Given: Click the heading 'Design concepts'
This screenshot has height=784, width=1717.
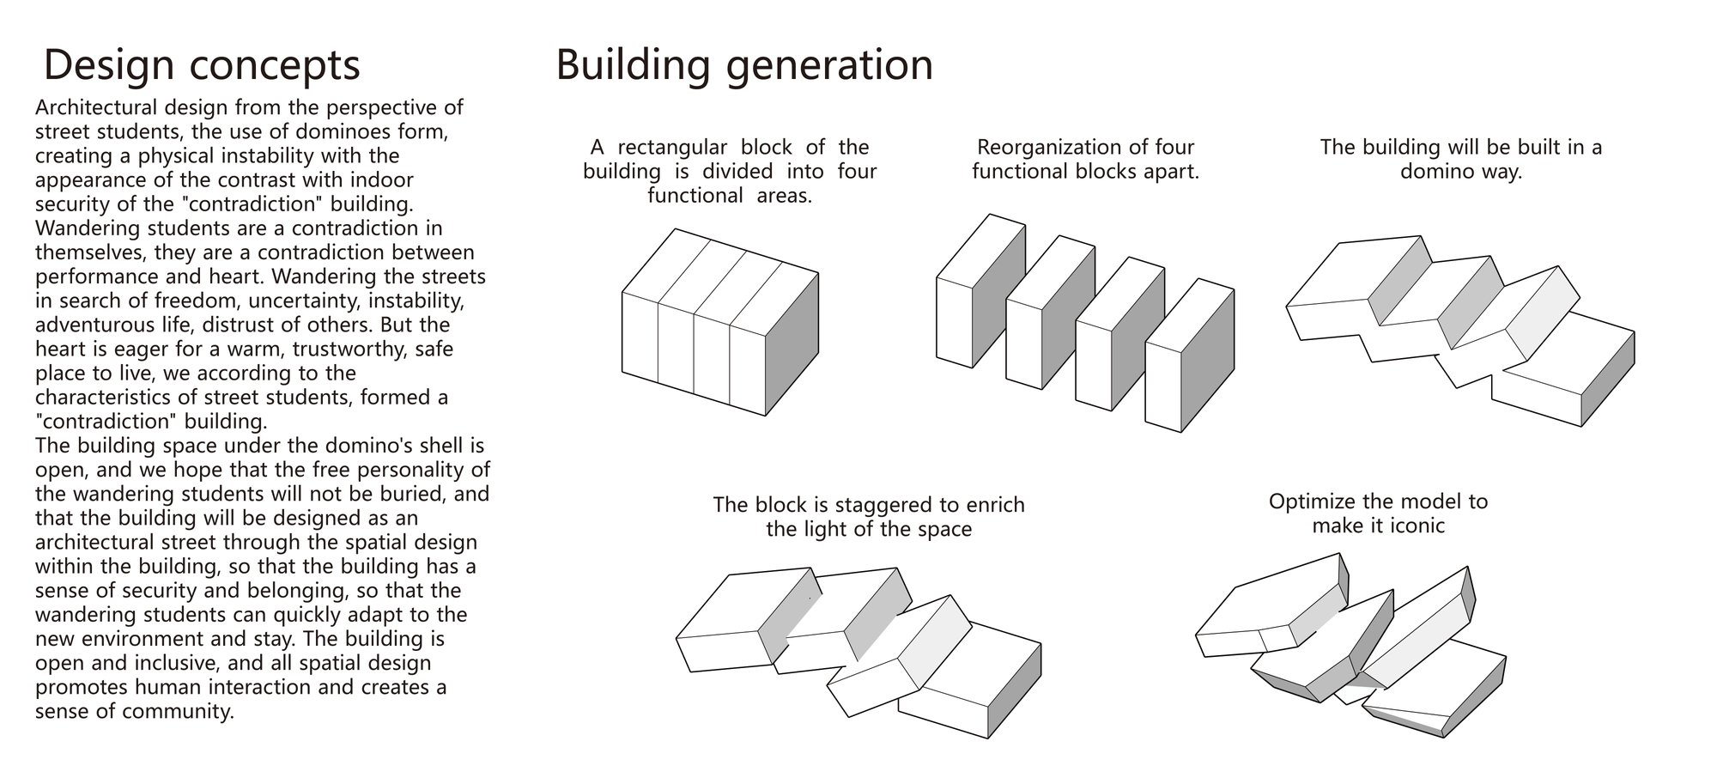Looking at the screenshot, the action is pyautogui.click(x=202, y=66).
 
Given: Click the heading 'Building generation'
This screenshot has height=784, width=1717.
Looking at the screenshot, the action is pyautogui.click(x=744, y=66).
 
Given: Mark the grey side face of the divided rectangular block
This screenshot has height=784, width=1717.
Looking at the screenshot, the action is pyautogui.click(x=792, y=343).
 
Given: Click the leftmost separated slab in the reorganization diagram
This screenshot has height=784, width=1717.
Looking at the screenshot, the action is pyautogui.click(x=980, y=290).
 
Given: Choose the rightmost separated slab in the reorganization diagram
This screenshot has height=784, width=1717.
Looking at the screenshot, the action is pyautogui.click(x=1190, y=355).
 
